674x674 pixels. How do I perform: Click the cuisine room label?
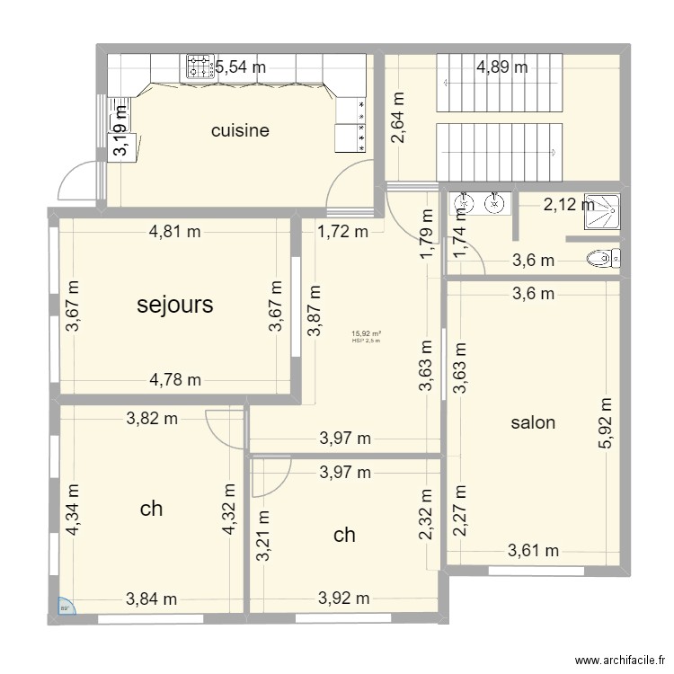pyautogui.click(x=240, y=130)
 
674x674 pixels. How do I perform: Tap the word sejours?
pyautogui.click(x=175, y=305)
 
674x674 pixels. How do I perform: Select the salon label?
pyautogui.click(x=533, y=422)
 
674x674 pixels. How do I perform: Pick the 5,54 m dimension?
pyautogui.click(x=240, y=66)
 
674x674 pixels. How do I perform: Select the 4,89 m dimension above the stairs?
pyautogui.click(x=501, y=66)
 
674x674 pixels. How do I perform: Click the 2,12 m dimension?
pyautogui.click(x=568, y=205)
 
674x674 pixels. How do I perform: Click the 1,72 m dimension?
pyautogui.click(x=342, y=232)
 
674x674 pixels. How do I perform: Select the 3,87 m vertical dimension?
pyautogui.click(x=314, y=311)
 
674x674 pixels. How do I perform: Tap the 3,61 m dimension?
pyautogui.click(x=532, y=551)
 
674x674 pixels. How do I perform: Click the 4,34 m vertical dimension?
pyautogui.click(x=71, y=510)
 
